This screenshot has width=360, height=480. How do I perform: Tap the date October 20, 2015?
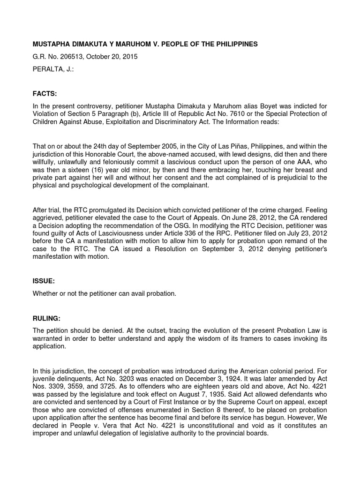point(110,57)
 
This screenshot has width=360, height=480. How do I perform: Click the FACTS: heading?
point(45,94)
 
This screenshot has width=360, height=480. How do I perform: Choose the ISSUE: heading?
point(44,281)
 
